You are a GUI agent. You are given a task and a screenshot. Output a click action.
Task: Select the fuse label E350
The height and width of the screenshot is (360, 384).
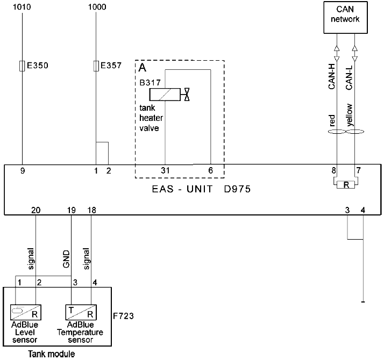pos(38,66)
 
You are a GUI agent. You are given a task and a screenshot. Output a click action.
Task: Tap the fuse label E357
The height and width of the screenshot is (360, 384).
pos(111,66)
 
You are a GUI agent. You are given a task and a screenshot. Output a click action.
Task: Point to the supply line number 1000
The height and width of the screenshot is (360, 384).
pos(96,7)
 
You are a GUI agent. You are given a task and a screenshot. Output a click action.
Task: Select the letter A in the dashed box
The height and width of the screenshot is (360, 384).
pos(143,68)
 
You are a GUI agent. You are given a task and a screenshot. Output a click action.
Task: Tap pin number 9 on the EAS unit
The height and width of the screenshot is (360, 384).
pos(23,171)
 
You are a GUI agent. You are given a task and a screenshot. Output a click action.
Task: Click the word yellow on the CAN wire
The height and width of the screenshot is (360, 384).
pos(350,114)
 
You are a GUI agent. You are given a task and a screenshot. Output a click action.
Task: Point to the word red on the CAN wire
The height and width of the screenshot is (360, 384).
pos(332,119)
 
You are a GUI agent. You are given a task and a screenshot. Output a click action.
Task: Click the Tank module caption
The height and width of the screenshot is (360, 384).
pos(52,354)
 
